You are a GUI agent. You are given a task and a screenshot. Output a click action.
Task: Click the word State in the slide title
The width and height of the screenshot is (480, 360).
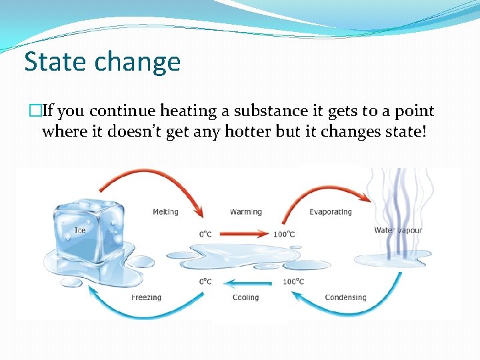(55, 62)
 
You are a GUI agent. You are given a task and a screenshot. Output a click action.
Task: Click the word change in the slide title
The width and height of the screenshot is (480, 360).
(137, 62)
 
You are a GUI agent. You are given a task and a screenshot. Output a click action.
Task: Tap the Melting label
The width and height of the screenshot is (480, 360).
(165, 212)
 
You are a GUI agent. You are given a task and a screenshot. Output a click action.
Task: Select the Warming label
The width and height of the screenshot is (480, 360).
(245, 212)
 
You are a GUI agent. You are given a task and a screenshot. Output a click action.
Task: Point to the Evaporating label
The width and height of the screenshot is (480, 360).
(330, 212)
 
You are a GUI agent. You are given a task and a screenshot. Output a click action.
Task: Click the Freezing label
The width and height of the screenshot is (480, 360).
(146, 297)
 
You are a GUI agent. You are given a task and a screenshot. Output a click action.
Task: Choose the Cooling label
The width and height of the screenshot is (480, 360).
(245, 297)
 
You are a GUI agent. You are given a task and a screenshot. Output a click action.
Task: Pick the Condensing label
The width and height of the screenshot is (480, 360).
(345, 297)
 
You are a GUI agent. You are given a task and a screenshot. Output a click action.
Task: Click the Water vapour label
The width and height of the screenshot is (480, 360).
(398, 231)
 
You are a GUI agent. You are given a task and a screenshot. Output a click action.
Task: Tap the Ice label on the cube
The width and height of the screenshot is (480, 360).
(80, 231)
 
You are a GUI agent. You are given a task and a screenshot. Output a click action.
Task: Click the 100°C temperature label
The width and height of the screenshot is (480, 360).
(283, 234)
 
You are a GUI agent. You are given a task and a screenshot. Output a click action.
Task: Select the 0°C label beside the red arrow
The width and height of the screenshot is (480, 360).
(205, 234)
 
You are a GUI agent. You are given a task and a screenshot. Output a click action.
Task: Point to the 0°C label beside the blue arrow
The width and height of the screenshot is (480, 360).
(205, 281)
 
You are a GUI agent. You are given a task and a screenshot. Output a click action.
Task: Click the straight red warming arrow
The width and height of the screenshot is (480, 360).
(244, 234)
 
